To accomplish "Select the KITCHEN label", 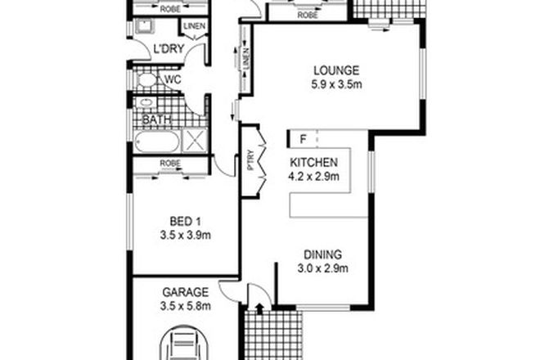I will tap(314, 162).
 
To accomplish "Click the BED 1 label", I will tap(185, 222).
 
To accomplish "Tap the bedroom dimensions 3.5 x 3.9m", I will tap(185, 236).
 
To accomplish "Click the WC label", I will tap(173, 80).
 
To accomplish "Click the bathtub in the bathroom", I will tap(158, 141).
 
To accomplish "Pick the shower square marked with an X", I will tap(196, 140).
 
